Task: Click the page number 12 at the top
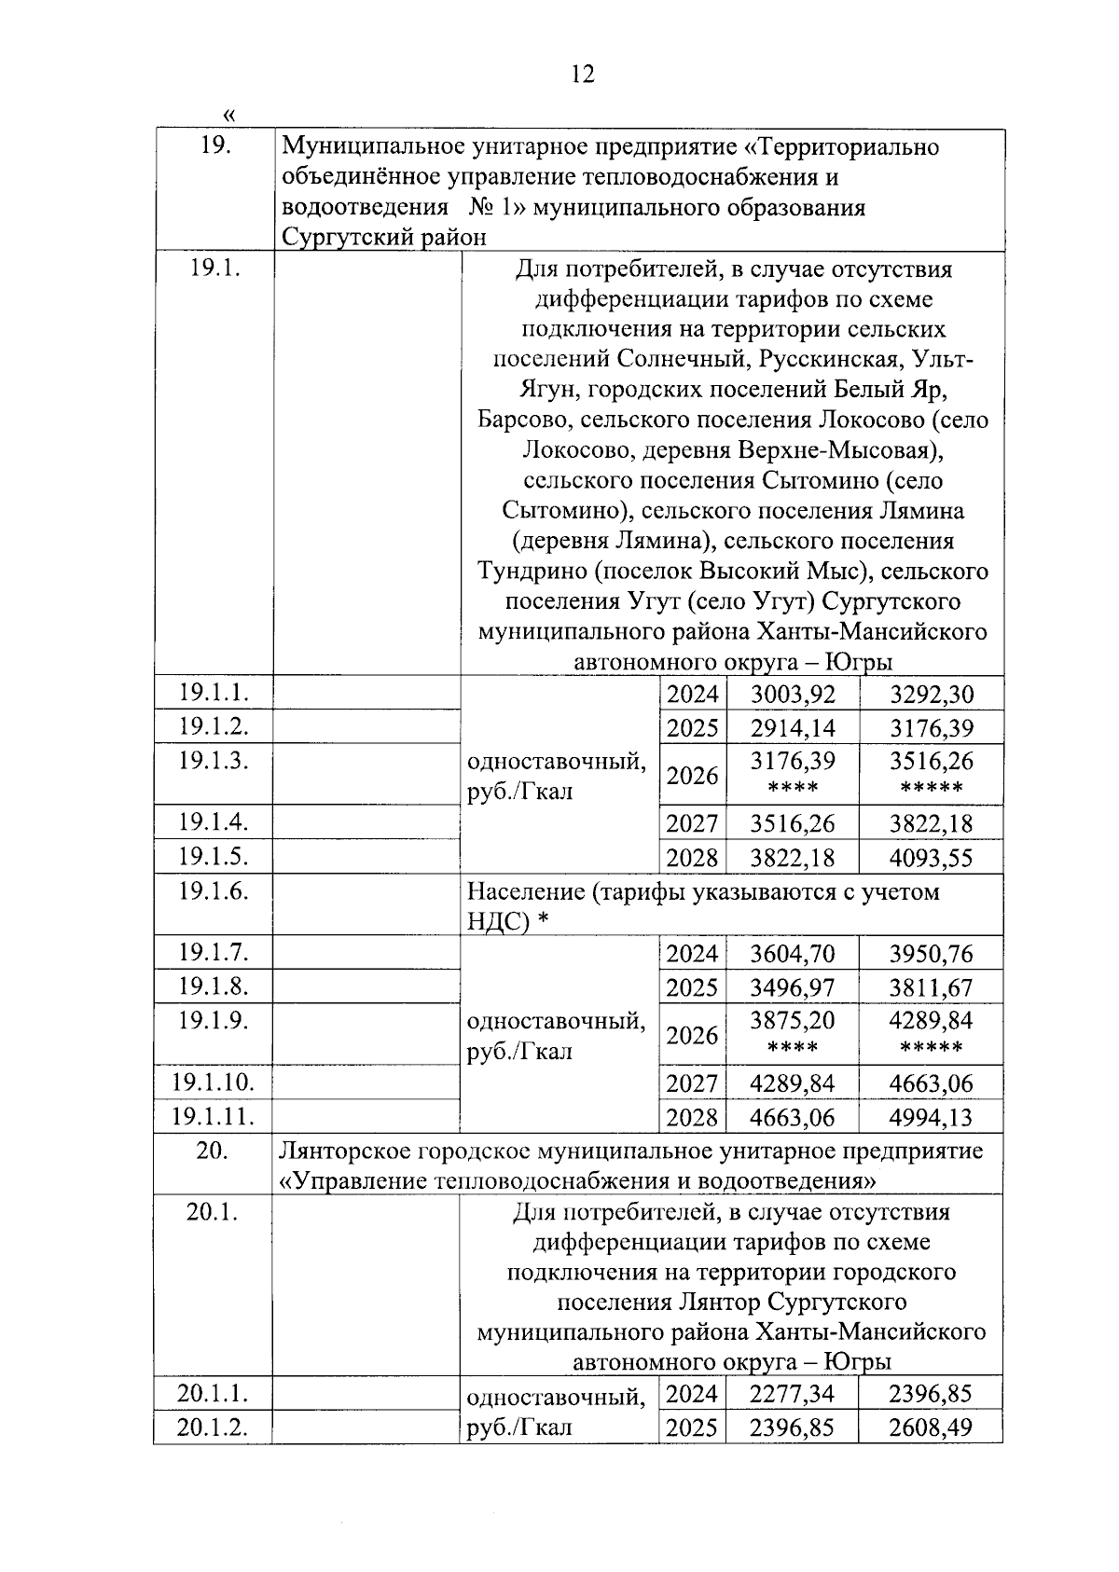click(582, 75)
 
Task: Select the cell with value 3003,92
click(793, 695)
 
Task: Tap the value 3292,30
click(931, 695)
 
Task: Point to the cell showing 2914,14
click(793, 728)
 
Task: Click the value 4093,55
click(931, 858)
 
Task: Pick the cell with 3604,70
click(793, 954)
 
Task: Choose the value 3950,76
click(931, 954)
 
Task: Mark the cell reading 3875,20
click(793, 1021)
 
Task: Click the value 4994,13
click(931, 1117)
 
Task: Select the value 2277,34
click(793, 1395)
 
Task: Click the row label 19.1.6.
click(214, 891)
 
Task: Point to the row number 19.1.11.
click(214, 1116)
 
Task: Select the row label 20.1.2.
click(214, 1427)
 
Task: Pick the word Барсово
click(518, 421)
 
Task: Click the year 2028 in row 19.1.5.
click(693, 858)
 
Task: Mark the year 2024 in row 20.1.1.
click(693, 1395)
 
